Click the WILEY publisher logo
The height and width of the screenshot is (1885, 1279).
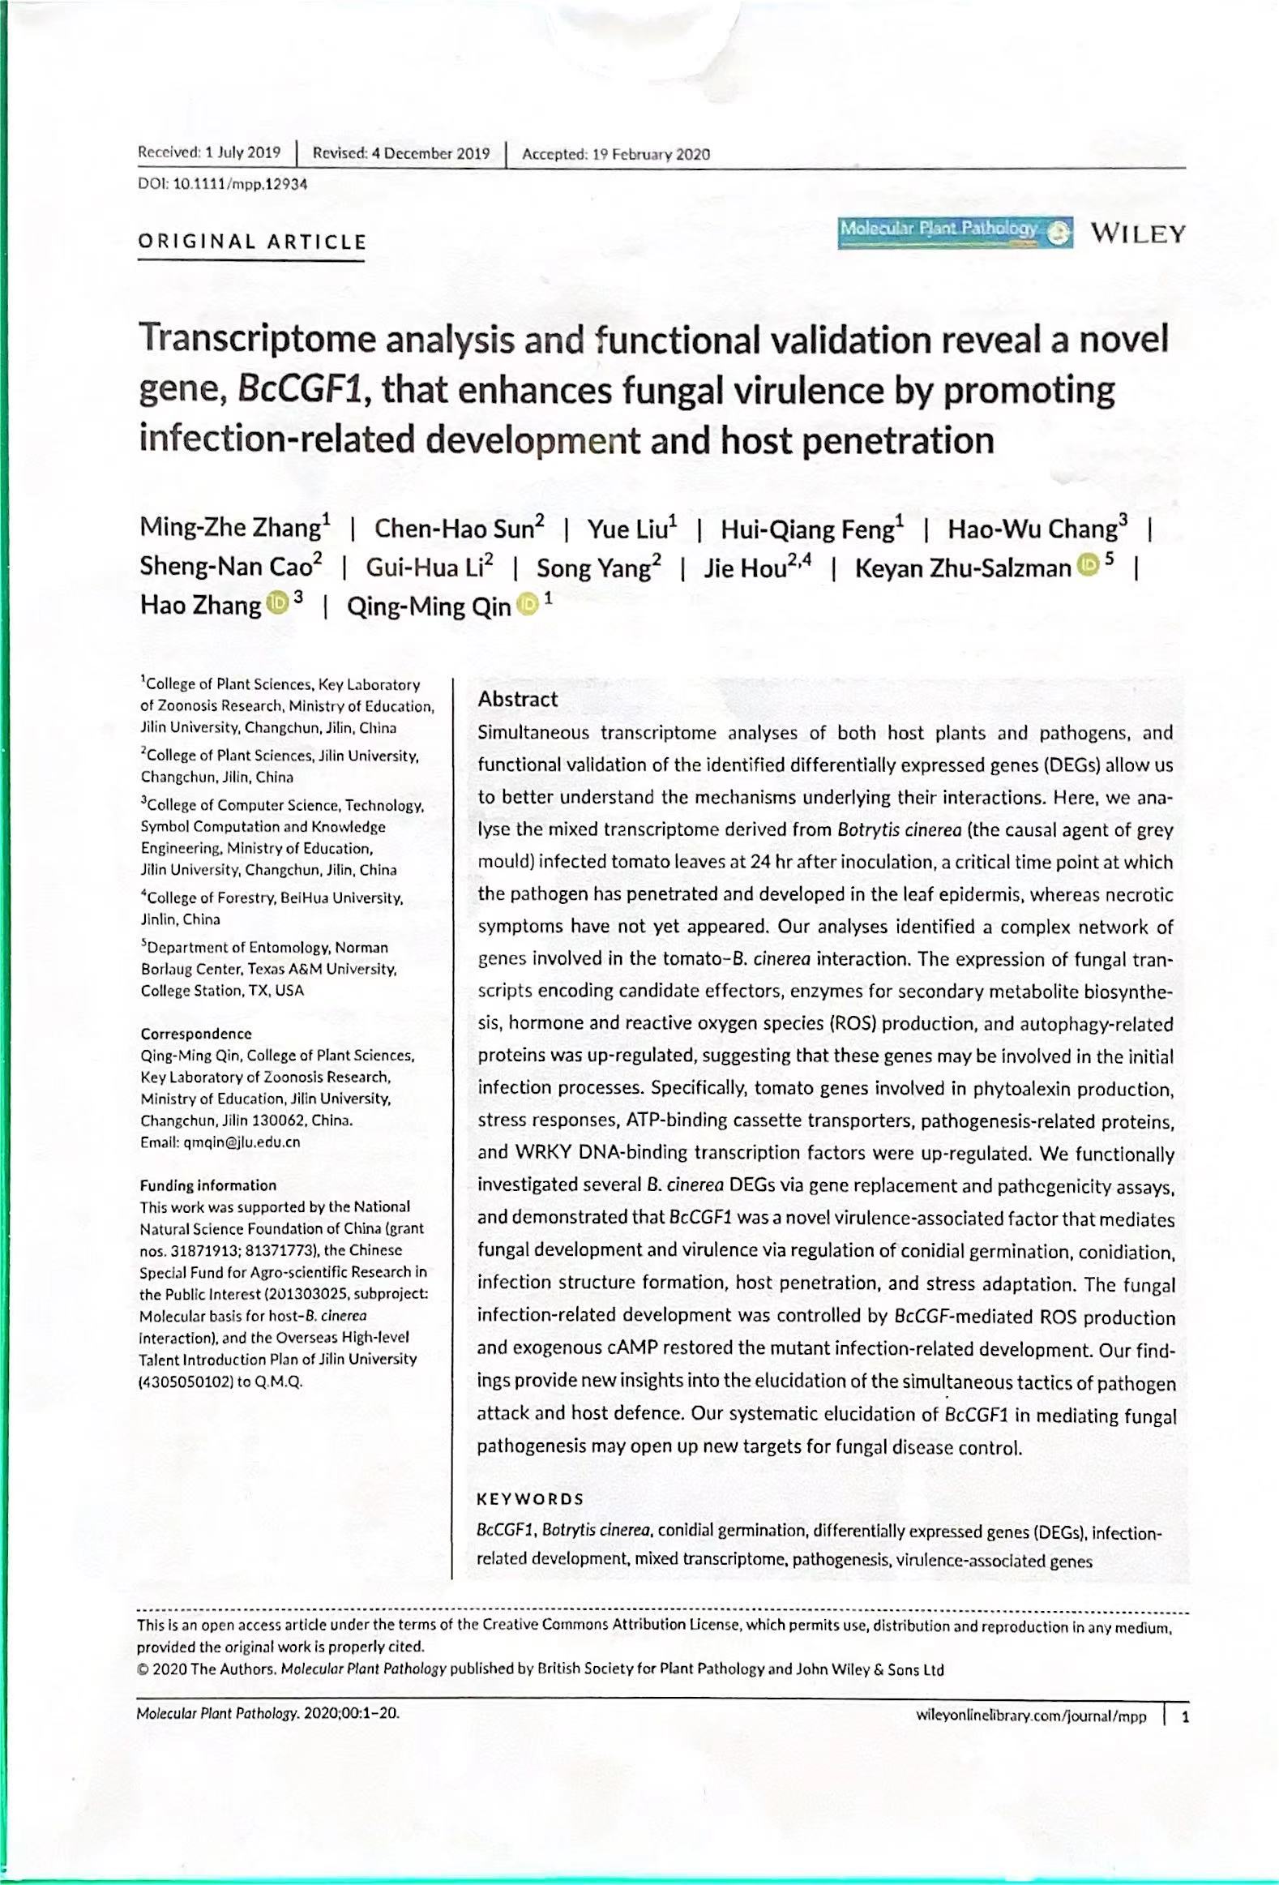(1137, 234)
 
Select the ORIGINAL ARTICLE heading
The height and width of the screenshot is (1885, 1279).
(252, 242)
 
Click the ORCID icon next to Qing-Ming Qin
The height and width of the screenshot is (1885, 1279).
(527, 604)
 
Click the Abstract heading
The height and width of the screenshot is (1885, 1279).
(517, 699)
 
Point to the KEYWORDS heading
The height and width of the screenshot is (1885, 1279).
(530, 1500)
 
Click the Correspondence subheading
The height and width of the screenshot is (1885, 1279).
(196, 1035)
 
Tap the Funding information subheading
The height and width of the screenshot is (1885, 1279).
(207, 1185)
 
